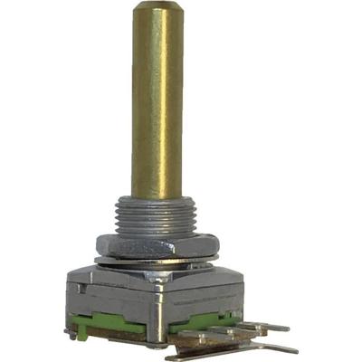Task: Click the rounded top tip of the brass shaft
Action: pos(157,9)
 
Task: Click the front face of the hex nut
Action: pos(149,245)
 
